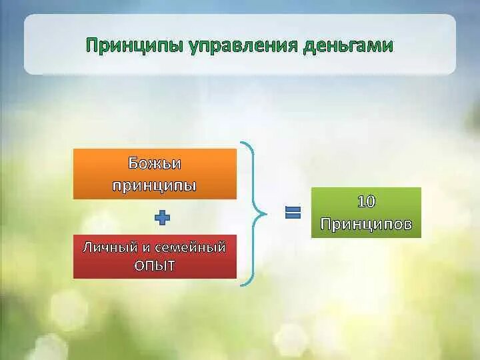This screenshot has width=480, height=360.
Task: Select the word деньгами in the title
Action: click(x=348, y=46)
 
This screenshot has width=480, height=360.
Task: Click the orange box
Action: click(x=155, y=174)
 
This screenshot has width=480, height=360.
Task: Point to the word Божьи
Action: click(x=155, y=164)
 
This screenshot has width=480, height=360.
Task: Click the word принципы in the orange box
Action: click(x=155, y=185)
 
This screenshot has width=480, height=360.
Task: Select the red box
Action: click(x=155, y=257)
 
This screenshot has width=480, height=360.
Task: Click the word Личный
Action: click(x=107, y=247)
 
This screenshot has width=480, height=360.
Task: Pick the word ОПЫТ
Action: click(x=155, y=266)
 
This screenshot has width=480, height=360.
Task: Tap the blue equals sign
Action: click(x=293, y=213)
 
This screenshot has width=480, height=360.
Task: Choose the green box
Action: click(x=366, y=213)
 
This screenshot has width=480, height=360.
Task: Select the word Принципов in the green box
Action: click(x=366, y=223)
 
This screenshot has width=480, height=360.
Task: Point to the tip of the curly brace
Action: click(x=265, y=214)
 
